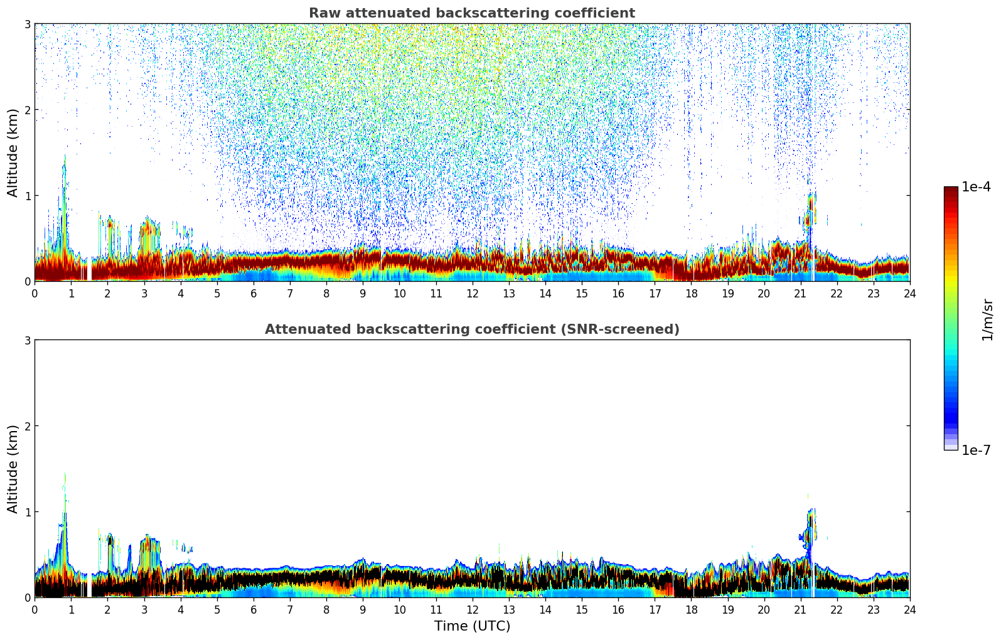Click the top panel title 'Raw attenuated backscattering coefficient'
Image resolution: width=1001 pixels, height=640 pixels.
(x=471, y=13)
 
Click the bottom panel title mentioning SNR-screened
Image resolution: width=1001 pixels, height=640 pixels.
(x=471, y=329)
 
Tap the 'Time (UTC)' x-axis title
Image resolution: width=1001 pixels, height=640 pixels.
(x=472, y=626)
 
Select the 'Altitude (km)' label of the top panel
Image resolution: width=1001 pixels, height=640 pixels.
(x=13, y=152)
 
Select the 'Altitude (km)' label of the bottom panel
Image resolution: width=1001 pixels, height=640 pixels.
(x=13, y=469)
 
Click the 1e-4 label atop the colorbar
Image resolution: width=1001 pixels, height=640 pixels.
(x=976, y=187)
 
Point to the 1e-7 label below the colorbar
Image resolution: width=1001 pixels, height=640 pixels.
(x=976, y=451)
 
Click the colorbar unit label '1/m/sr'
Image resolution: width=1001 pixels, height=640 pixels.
(x=987, y=319)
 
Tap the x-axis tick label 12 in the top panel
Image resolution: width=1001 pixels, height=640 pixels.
(x=472, y=293)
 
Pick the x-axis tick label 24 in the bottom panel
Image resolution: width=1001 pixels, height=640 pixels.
(x=909, y=609)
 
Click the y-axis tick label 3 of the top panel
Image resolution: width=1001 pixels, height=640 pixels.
(x=28, y=24)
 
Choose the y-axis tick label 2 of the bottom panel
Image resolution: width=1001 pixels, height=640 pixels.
(x=28, y=426)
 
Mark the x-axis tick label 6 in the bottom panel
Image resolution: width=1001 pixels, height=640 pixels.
(x=254, y=609)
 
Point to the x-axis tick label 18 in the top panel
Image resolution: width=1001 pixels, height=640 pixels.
(x=691, y=293)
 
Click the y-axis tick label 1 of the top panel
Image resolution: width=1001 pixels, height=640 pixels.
(x=28, y=196)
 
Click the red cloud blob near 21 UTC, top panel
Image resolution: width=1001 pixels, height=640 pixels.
(x=810, y=207)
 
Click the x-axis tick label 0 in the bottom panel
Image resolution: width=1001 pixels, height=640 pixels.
(x=35, y=609)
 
